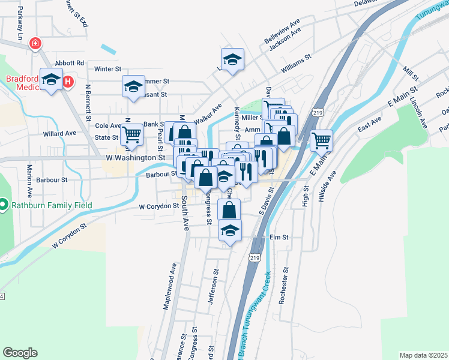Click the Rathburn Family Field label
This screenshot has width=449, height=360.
click(x=50, y=205)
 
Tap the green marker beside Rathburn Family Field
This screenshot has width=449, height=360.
click(x=4, y=205)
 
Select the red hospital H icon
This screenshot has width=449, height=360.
click(x=68, y=81)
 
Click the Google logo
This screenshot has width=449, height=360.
click(x=20, y=353)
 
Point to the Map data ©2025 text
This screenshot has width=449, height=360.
click(x=423, y=355)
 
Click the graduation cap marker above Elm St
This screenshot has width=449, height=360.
click(x=231, y=230)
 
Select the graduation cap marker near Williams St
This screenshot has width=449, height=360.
click(x=232, y=59)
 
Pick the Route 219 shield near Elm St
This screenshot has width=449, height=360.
click(x=255, y=257)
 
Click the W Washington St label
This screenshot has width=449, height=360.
click(x=135, y=157)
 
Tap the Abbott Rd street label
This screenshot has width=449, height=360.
click(x=69, y=63)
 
